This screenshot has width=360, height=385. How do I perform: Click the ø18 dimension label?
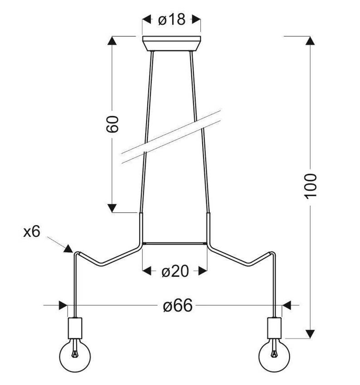172,20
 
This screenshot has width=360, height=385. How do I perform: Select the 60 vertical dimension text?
113,124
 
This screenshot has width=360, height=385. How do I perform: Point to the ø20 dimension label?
175,271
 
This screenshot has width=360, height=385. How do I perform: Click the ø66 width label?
178,306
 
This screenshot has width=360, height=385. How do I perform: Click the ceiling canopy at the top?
172,43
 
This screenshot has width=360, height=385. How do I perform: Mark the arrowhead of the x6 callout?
68,248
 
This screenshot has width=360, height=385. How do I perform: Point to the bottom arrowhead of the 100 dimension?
310,333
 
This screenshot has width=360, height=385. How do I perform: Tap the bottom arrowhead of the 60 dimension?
112,208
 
